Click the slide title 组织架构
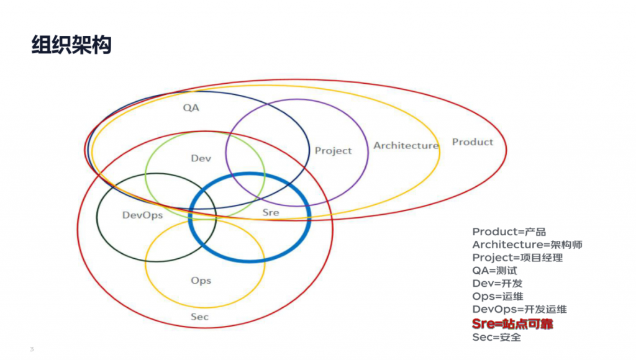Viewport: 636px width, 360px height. point(71,45)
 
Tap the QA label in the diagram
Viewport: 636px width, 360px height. point(191,108)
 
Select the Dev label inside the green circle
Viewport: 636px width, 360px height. point(201,158)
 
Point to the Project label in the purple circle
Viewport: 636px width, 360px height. point(334,151)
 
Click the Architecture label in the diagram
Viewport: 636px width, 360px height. point(406,145)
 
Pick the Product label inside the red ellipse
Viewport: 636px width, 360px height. point(473,142)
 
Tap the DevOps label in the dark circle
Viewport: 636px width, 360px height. point(142,215)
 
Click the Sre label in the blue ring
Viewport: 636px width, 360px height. point(271,212)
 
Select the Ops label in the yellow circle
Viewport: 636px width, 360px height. point(201,281)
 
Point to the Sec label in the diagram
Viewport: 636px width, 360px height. point(199,317)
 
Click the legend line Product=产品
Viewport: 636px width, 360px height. point(509,232)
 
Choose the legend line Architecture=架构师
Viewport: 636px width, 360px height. point(527,245)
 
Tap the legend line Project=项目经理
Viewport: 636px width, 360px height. point(517,258)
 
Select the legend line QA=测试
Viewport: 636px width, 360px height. point(495,271)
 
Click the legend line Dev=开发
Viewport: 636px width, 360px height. point(497,284)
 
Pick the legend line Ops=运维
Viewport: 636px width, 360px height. point(497,297)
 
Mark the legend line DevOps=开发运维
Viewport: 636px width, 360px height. point(520,309)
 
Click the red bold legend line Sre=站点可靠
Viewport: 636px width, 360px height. point(512,323)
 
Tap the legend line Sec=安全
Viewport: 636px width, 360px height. point(496,337)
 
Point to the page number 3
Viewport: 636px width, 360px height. point(32,349)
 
